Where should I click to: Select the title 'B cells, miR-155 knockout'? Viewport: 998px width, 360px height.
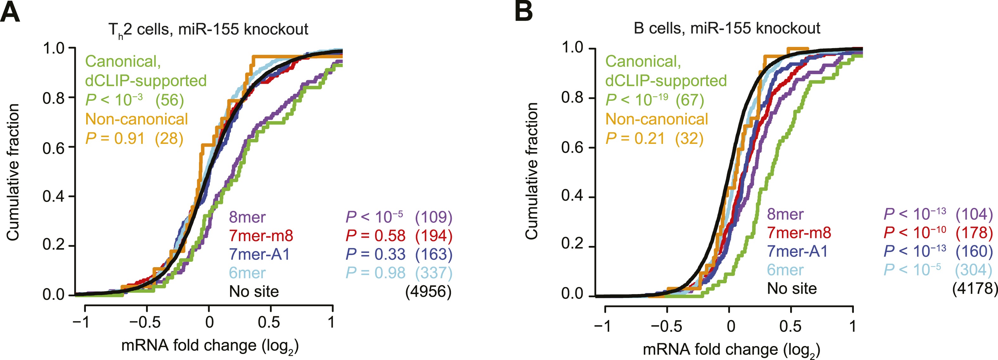click(727, 28)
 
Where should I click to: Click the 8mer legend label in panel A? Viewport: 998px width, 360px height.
click(247, 217)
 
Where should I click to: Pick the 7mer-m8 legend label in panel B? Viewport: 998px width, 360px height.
click(799, 233)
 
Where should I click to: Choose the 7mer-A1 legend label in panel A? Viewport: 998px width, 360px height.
click(259, 254)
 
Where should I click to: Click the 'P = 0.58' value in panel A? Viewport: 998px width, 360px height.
click(375, 235)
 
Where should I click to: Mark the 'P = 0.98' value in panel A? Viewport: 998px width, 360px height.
click(375, 273)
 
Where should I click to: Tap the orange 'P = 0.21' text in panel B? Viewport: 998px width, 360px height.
click(635, 138)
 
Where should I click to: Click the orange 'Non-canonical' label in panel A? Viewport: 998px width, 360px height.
click(136, 119)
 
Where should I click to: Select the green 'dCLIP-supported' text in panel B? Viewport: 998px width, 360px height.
click(666, 80)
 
